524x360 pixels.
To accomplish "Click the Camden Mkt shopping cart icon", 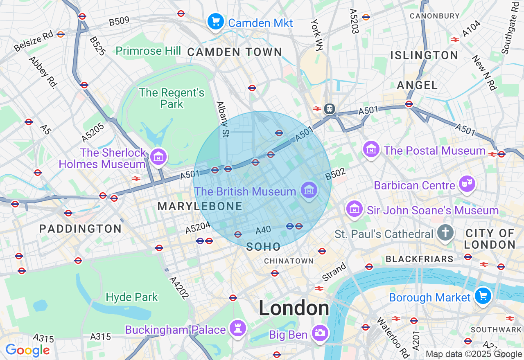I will tap(215, 22).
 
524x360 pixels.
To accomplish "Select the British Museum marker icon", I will tap(309, 190).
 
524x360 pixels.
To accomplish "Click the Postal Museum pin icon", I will tap(371, 150).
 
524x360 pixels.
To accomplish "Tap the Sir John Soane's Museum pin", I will tap(355, 209).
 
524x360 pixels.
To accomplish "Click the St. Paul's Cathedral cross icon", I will tap(445, 233).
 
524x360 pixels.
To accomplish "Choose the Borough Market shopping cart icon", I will tap(483, 296).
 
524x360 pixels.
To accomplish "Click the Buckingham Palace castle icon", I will tap(237, 328).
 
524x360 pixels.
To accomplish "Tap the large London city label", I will tap(294, 308).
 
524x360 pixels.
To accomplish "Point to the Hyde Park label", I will tap(132, 297).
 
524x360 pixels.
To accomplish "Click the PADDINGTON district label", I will tap(81, 229).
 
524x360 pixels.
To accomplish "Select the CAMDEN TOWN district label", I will tap(235, 52).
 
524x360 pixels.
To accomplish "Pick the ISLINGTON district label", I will tap(424, 55).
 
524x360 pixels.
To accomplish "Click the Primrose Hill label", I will tap(148, 51).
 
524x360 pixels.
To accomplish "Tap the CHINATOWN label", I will tap(289, 261).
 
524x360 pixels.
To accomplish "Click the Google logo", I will tap(27, 351).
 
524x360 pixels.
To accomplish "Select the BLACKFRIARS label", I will tap(420, 259).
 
